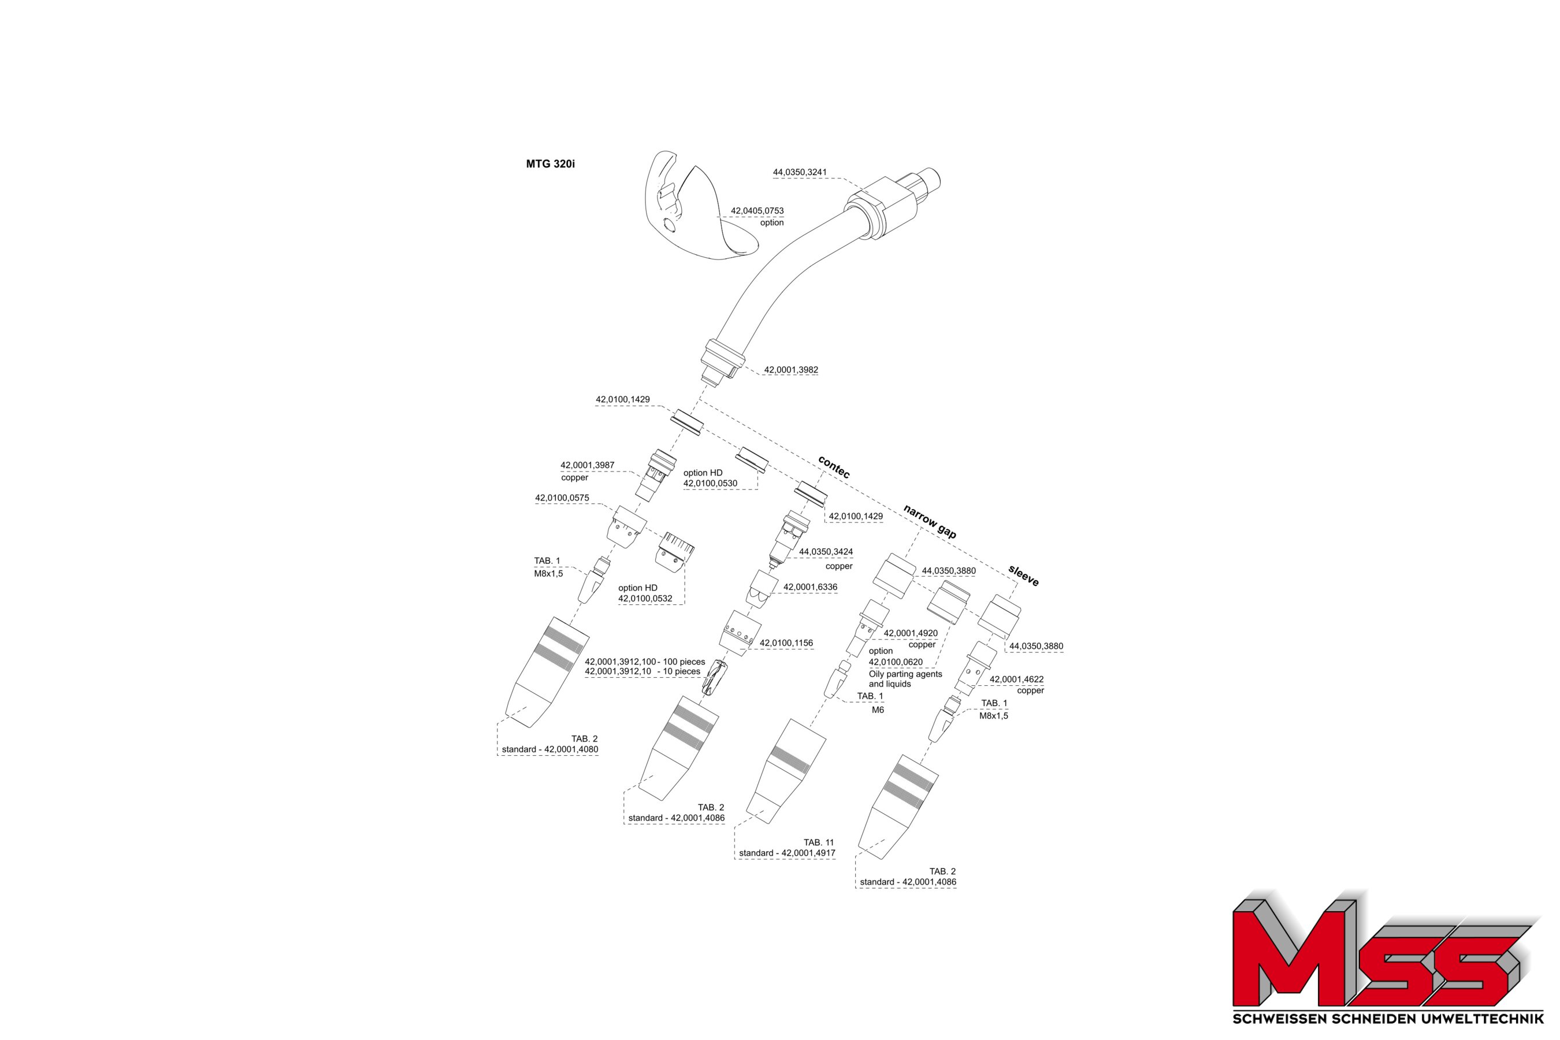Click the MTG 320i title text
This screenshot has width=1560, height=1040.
coord(550,164)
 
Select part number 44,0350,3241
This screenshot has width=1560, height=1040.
coord(799,172)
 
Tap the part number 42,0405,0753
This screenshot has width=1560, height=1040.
coord(757,211)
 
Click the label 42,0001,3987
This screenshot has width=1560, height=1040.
coord(587,466)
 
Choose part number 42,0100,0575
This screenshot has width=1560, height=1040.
coord(562,498)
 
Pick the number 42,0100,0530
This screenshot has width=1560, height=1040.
coord(710,484)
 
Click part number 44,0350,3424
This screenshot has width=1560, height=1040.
coord(826,552)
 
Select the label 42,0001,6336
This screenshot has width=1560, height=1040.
coord(810,587)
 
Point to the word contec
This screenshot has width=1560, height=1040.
coord(834,467)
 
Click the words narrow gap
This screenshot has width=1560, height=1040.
coord(929,521)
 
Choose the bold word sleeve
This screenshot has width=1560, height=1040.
coord(1023,575)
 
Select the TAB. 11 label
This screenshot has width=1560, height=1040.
coord(819,842)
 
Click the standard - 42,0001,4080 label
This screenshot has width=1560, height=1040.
coord(550,749)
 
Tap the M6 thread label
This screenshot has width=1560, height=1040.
coord(878,710)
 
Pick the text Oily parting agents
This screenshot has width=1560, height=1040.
coord(905,674)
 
